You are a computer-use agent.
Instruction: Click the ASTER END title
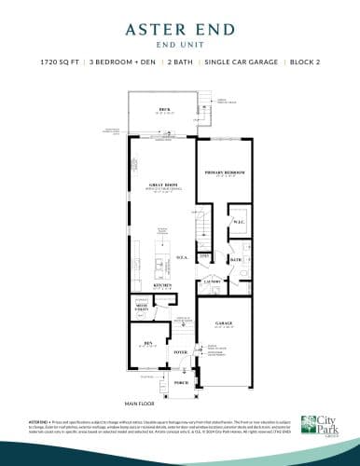point(179,30)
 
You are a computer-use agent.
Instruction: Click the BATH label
point(236,259)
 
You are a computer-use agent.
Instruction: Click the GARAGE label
point(224,324)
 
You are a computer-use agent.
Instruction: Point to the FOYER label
point(180,353)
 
